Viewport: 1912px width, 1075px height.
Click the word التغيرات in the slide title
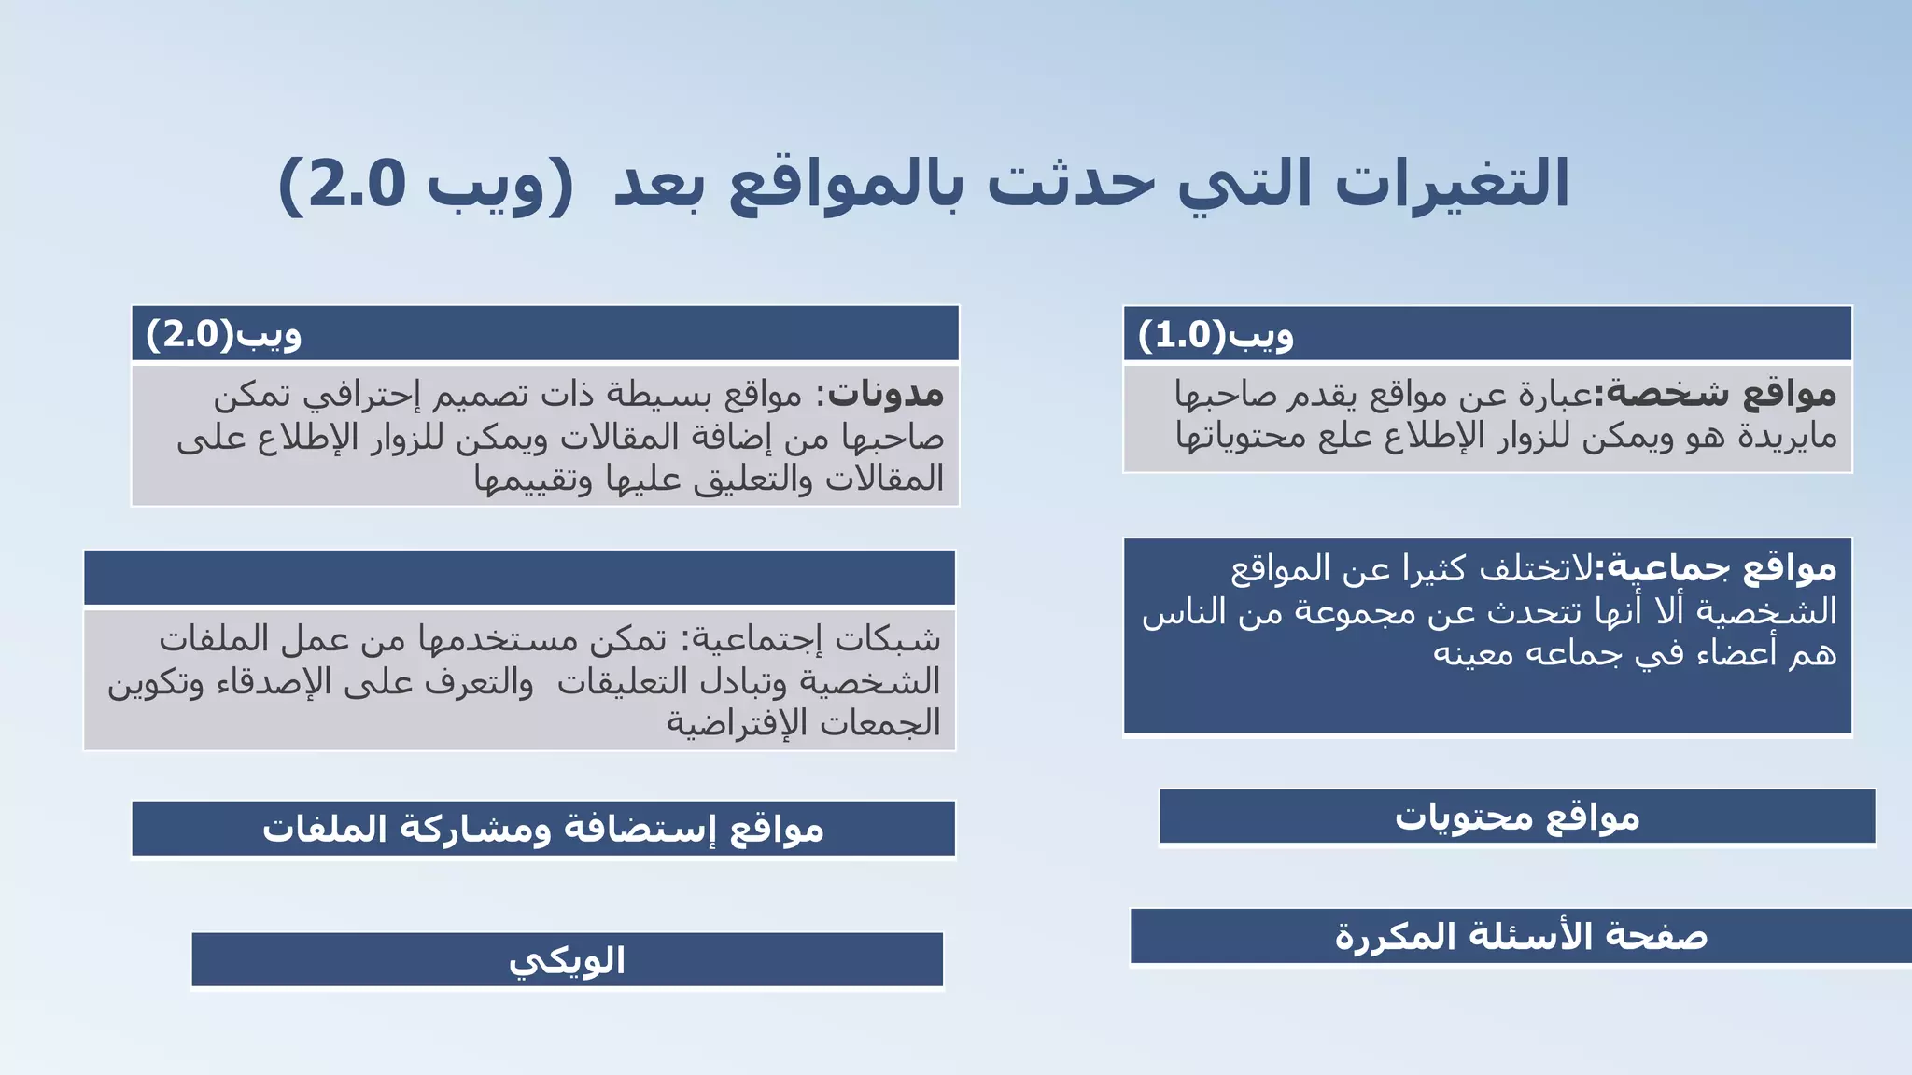point(1453,184)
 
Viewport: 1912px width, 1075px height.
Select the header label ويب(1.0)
point(1216,334)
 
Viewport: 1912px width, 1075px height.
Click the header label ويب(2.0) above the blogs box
point(223,333)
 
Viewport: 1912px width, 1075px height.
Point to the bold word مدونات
point(886,395)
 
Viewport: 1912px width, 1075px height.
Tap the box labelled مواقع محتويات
point(1517,817)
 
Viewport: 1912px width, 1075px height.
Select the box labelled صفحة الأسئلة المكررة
point(1521,936)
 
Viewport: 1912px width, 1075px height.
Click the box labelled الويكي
point(567,960)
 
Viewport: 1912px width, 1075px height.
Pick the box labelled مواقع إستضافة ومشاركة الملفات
point(543,829)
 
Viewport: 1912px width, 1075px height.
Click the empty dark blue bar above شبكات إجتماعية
point(519,578)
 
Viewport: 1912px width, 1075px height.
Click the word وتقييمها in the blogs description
point(532,480)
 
